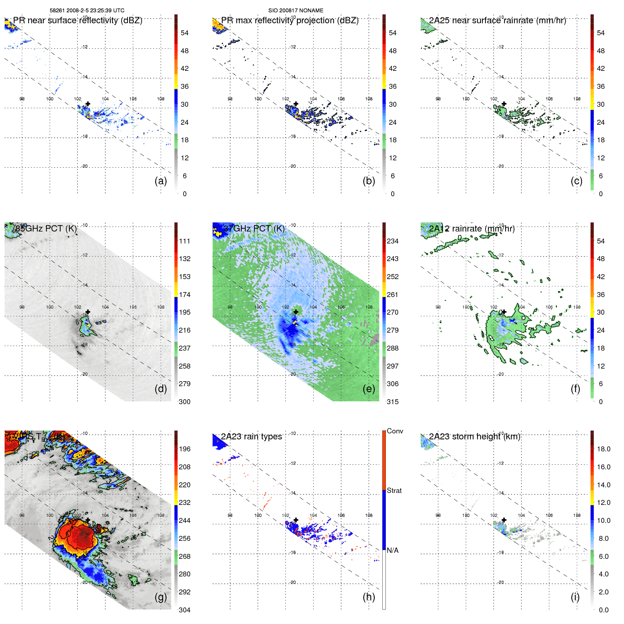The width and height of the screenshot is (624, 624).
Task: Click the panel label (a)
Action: [x=161, y=181]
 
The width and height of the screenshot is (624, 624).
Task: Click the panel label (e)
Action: [x=369, y=389]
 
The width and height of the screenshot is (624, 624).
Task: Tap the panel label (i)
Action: [x=575, y=597]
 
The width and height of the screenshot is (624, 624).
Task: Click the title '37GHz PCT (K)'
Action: [x=254, y=228]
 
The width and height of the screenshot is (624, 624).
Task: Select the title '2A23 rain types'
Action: [x=251, y=437]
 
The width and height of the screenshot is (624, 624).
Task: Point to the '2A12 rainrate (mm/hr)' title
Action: [x=471, y=228]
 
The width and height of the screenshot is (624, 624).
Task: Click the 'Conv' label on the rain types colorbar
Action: [x=395, y=431]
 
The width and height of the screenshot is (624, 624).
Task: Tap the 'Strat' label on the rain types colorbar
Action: [x=394, y=490]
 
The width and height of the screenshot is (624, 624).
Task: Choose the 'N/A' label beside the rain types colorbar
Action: [x=393, y=550]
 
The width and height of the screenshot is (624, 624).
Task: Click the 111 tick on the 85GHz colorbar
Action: [x=185, y=241]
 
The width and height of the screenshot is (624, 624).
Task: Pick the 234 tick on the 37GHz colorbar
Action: [x=393, y=241]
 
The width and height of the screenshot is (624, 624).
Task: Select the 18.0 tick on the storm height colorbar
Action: [x=603, y=449]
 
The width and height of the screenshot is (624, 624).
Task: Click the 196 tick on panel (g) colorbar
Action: [x=185, y=449]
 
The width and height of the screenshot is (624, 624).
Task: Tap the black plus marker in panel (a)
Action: [x=88, y=104]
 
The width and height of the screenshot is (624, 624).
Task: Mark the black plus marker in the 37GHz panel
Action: [x=296, y=312]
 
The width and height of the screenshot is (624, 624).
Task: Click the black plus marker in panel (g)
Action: [x=88, y=520]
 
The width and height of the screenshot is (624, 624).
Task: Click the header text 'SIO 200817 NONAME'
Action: [x=296, y=11]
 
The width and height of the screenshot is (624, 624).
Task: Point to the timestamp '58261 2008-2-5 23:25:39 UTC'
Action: [x=87, y=11]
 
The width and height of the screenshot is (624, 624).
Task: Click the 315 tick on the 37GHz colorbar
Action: [x=393, y=402]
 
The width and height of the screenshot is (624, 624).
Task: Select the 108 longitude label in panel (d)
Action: [x=161, y=307]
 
